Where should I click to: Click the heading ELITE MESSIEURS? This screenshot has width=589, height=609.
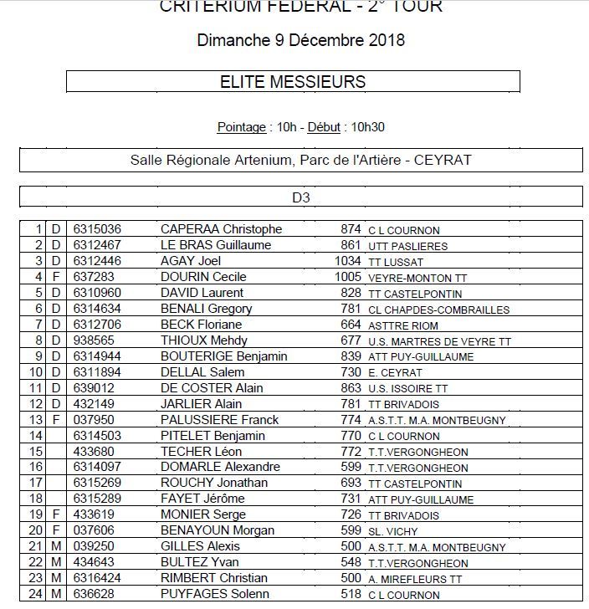coord(292,81)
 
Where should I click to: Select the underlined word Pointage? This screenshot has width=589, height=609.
coord(241,127)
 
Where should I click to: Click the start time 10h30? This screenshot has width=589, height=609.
coord(367,127)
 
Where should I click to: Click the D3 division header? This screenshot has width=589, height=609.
coord(300,197)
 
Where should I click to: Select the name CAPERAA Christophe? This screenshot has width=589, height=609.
coord(221,229)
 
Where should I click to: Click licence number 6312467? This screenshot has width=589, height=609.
coord(97,245)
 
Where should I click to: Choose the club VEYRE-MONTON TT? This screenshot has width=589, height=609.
coord(417,278)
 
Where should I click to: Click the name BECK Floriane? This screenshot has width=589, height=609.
coord(202,325)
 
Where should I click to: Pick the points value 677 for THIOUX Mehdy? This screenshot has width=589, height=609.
coord(351,340)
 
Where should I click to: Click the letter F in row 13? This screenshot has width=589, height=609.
coord(57,420)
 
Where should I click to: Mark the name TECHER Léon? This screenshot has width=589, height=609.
coord(196,452)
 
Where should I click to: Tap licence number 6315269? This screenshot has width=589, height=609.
coord(97,484)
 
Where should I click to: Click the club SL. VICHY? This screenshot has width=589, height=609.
coord(394,531)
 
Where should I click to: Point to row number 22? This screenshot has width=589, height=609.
coord(35,562)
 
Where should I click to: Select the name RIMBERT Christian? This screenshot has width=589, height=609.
coord(213,578)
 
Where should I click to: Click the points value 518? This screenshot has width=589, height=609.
coord(351,594)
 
